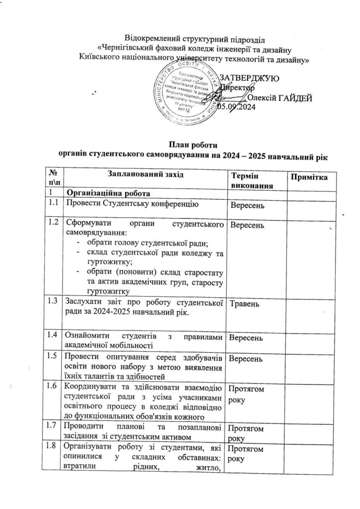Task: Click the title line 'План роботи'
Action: (191, 145)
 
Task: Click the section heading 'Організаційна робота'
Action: (106, 193)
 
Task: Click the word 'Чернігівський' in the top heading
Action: (124, 49)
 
